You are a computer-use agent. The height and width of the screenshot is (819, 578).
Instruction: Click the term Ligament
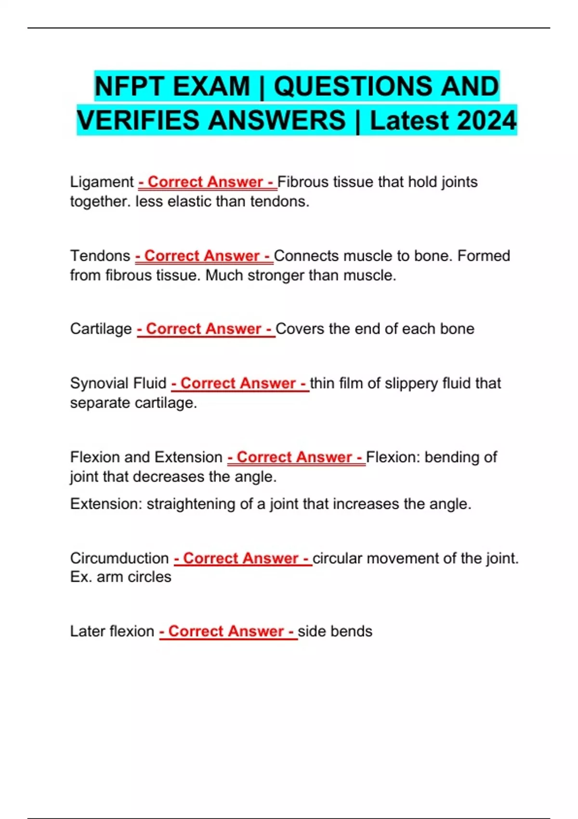(102, 182)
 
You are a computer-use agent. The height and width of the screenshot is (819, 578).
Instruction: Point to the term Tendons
(100, 256)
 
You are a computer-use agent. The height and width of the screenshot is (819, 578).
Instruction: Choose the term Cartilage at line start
(101, 329)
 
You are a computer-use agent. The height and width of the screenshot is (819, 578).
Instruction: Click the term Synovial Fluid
(118, 383)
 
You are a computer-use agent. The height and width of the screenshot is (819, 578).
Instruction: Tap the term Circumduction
(119, 558)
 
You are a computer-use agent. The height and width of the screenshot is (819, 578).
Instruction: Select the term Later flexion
(112, 632)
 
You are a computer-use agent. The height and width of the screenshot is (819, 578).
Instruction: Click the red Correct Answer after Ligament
(207, 182)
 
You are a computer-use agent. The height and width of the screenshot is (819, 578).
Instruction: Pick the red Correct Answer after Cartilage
(206, 329)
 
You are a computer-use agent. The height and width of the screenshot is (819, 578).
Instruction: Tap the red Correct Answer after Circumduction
(243, 558)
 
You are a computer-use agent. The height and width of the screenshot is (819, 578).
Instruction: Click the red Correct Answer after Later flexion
(228, 632)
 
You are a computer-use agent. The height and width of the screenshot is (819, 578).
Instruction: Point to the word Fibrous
(302, 182)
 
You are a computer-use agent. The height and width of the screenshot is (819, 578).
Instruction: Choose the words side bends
(335, 632)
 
